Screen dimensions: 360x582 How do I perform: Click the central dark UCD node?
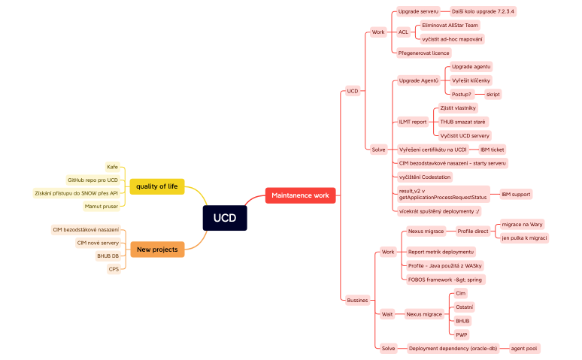(x=224, y=218)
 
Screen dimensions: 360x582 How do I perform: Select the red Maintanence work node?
(x=300, y=195)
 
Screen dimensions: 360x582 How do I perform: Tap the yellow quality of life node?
(x=156, y=186)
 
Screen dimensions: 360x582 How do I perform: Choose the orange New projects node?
(x=156, y=250)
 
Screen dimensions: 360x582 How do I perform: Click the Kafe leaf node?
(x=112, y=167)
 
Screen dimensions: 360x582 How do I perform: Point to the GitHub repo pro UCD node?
(x=92, y=180)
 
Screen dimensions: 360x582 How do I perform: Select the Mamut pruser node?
(x=101, y=206)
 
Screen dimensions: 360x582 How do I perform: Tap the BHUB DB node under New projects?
(x=108, y=256)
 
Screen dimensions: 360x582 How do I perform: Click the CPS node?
(x=114, y=269)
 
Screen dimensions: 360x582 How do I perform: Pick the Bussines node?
(x=357, y=300)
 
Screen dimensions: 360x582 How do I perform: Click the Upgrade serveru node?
(x=418, y=12)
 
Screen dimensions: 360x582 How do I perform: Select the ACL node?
(x=403, y=32)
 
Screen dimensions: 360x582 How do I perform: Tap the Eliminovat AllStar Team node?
(x=450, y=26)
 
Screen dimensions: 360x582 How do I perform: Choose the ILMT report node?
(x=412, y=122)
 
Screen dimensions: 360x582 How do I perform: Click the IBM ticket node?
(x=492, y=150)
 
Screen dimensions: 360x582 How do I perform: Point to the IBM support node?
(x=516, y=194)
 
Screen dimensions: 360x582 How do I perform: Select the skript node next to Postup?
(x=493, y=95)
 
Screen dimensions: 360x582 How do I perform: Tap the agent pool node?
(x=523, y=349)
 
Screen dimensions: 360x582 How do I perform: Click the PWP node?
(x=462, y=334)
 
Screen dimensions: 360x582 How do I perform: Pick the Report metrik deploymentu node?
(x=441, y=252)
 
